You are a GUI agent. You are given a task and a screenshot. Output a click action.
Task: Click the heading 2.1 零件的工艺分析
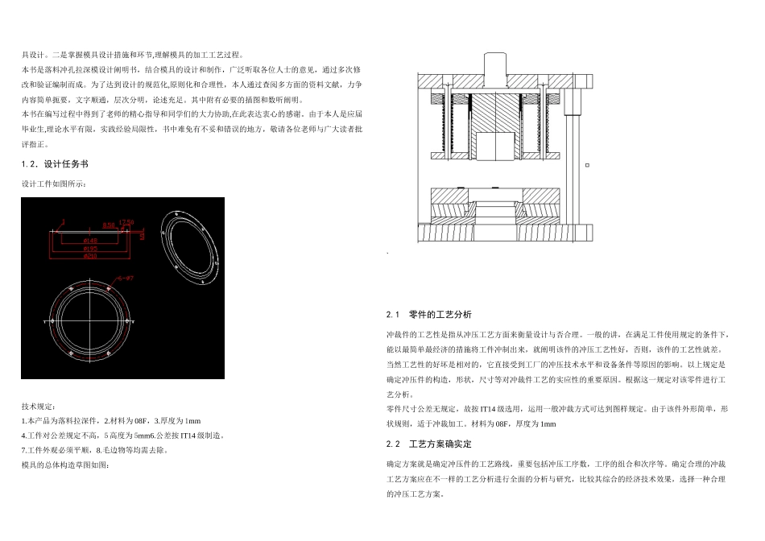click(x=429, y=314)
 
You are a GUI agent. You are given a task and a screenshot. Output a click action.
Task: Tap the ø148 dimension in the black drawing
click(x=89, y=241)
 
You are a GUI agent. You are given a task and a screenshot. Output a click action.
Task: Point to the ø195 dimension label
click(x=89, y=249)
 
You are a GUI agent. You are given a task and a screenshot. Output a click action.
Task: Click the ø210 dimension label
click(x=89, y=256)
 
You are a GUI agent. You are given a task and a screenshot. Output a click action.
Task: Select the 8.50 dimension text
click(x=109, y=225)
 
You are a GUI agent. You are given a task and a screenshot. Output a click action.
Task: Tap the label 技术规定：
click(x=39, y=407)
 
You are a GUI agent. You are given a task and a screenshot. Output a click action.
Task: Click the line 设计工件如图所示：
click(x=52, y=184)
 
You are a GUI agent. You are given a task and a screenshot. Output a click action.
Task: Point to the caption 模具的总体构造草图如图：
click(x=64, y=465)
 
